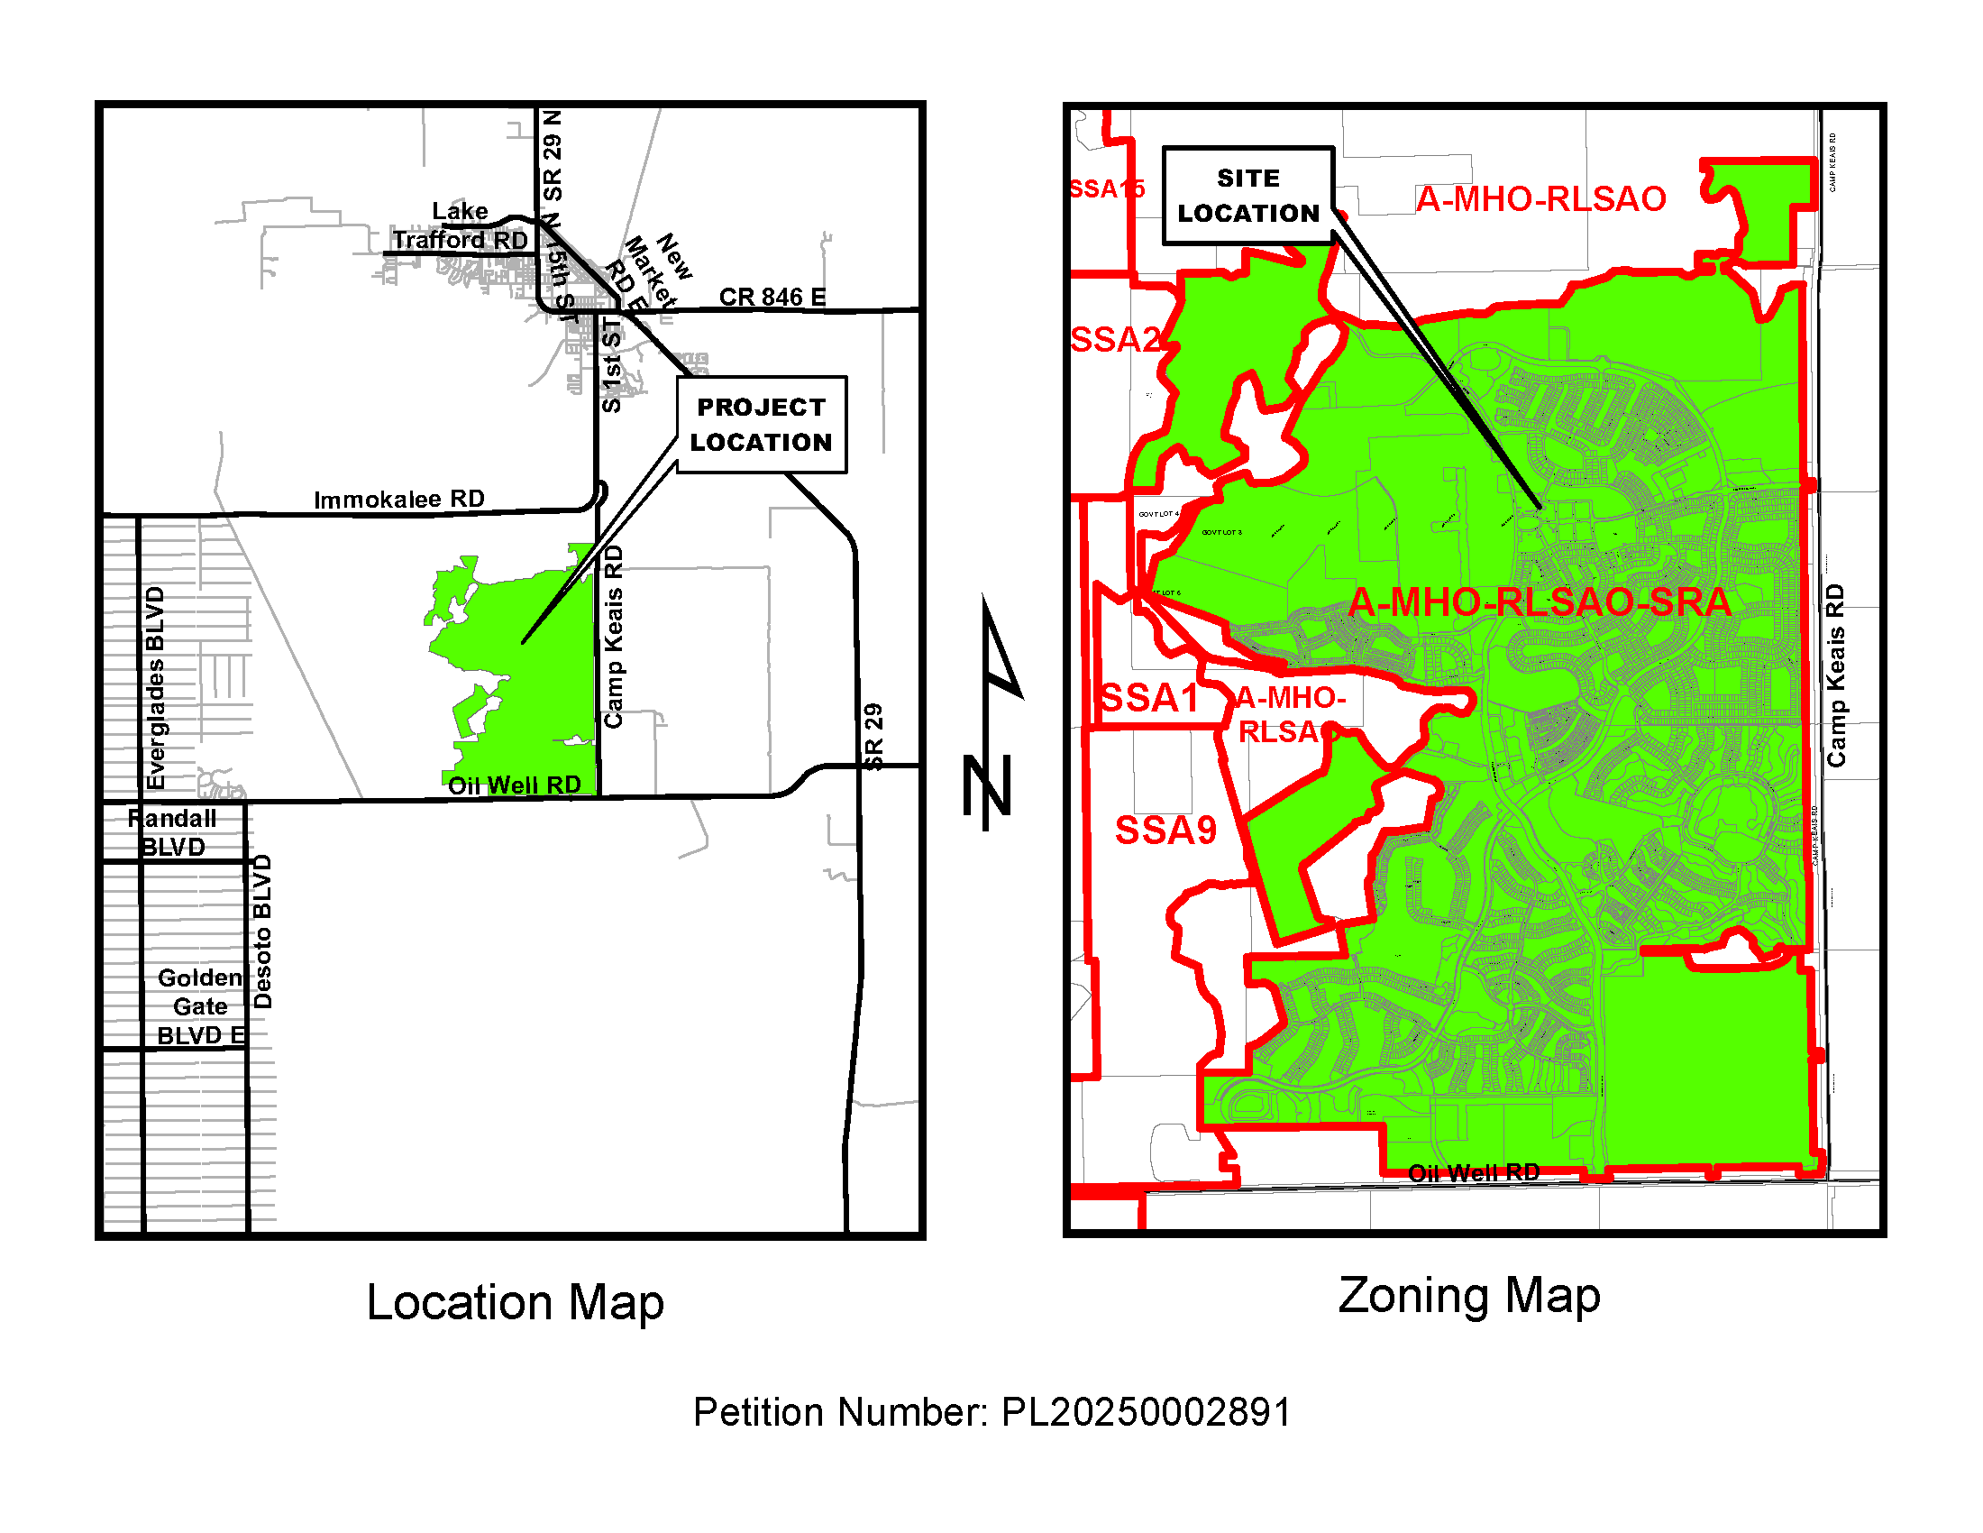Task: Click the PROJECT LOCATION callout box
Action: pos(761,424)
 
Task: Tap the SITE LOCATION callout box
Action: pos(1247,196)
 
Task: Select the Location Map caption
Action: pos(515,1301)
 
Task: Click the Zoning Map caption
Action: pos(1468,1295)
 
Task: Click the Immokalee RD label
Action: pos(398,500)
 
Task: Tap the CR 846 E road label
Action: pos(772,297)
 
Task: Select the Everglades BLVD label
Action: pos(156,687)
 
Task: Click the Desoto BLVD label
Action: pos(261,931)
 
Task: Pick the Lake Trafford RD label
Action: pos(461,226)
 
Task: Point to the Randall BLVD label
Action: pos(172,832)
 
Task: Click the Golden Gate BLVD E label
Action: pos(201,1006)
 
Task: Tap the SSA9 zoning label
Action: pos(1165,830)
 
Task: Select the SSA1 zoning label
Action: pos(1148,698)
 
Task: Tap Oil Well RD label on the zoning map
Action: pos(1473,1172)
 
